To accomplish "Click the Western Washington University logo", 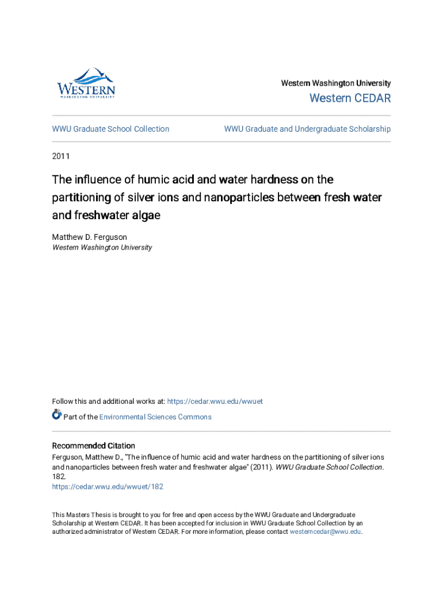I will tap(86, 83).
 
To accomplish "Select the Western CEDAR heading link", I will tap(350, 98).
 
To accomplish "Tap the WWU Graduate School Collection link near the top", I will tap(110, 129).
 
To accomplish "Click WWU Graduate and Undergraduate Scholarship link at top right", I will tap(307, 129).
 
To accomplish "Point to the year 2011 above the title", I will tap(61, 155).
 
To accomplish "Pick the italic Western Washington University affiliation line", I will tap(102, 247).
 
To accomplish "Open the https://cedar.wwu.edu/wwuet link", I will tap(215, 401).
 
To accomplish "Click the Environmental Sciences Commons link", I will tap(155, 417).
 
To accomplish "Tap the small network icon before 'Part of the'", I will tap(57, 414).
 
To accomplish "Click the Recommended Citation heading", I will tap(94, 446).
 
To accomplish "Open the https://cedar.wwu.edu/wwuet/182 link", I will tap(108, 487).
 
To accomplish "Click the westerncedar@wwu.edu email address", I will tap(325, 532).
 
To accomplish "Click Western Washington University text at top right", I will tap(335, 83).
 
